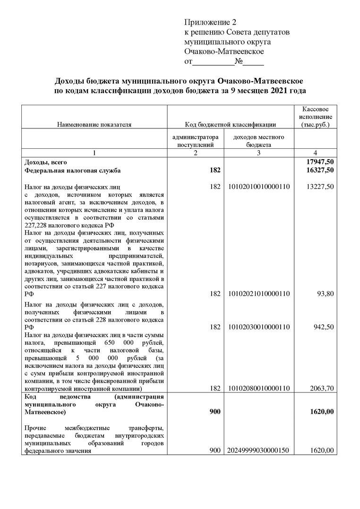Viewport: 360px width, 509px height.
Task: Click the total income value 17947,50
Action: coord(320,162)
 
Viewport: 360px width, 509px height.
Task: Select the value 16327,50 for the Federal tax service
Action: coord(320,170)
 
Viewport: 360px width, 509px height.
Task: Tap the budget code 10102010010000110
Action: coord(259,187)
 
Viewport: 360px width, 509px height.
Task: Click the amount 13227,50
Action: coord(320,187)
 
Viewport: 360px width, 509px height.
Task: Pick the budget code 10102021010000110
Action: coord(259,294)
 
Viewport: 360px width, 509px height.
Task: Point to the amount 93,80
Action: coord(326,294)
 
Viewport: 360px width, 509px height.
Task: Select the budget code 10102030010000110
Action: coord(259,327)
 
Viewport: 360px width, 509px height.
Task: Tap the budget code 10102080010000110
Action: coord(259,388)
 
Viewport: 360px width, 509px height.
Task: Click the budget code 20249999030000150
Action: coord(259,451)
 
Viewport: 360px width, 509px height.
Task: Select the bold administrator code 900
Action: coord(215,412)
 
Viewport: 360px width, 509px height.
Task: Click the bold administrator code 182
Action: coord(215,170)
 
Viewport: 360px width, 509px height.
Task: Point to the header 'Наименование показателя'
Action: coord(94,125)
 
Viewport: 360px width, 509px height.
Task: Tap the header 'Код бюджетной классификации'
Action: coord(231,125)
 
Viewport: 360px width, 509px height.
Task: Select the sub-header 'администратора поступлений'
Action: coord(196,141)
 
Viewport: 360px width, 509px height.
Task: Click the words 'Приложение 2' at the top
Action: coord(209,23)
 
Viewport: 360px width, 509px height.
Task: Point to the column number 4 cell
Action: coord(315,153)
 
